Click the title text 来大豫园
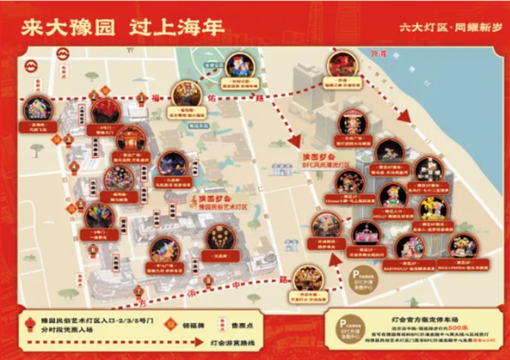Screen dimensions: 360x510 [x=67, y=28]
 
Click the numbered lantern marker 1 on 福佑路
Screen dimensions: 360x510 [x=141, y=98]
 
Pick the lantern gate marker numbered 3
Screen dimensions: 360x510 [x=68, y=139]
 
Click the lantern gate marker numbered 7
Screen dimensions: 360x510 [x=139, y=291]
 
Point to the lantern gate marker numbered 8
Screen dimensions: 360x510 [x=209, y=280]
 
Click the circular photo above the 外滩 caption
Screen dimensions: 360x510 [x=342, y=65]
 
